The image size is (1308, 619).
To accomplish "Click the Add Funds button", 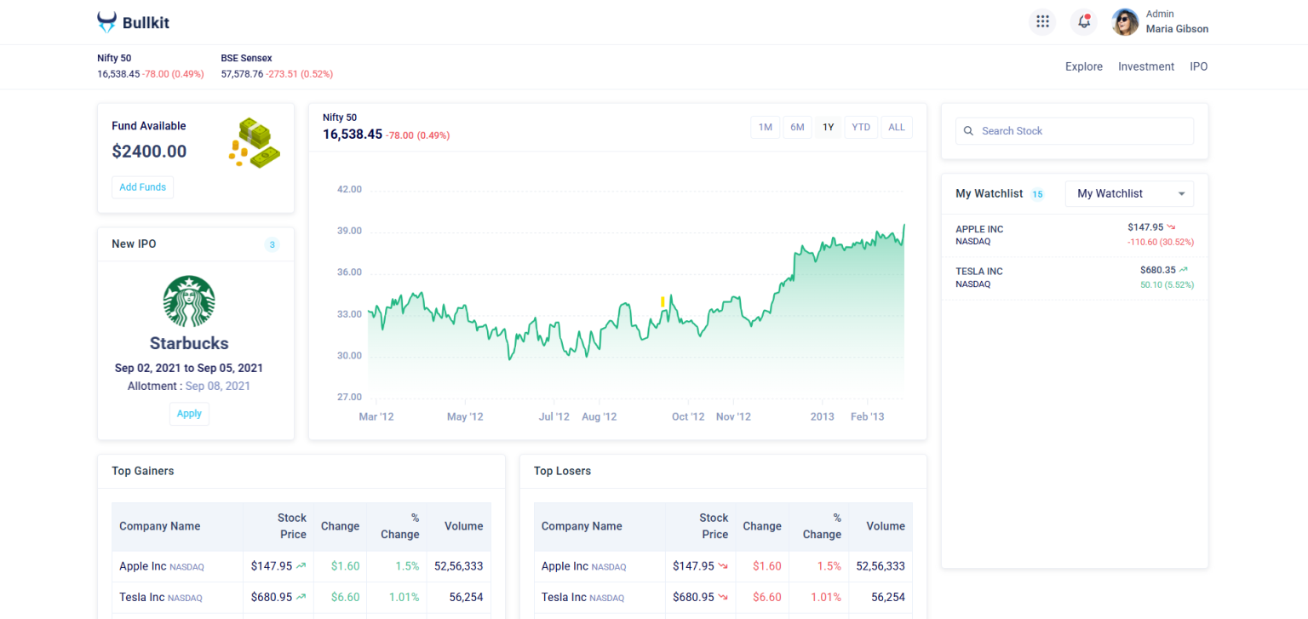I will pyautogui.click(x=142, y=187).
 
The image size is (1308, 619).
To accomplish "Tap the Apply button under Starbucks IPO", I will pyautogui.click(x=189, y=414).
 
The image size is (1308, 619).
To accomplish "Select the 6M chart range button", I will pyautogui.click(x=797, y=128).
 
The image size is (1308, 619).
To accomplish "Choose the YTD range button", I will pyautogui.click(x=861, y=128).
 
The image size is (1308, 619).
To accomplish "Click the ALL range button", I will pyautogui.click(x=896, y=128).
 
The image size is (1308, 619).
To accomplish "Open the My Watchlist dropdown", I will pyautogui.click(x=1129, y=194).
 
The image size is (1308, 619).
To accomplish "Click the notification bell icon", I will pyautogui.click(x=1084, y=22).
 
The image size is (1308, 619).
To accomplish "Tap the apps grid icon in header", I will pyautogui.click(x=1042, y=22).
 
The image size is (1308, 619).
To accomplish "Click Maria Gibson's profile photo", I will pyautogui.click(x=1125, y=22).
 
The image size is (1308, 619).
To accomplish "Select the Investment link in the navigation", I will pyautogui.click(x=1146, y=66).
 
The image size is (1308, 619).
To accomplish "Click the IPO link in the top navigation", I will pyautogui.click(x=1198, y=66).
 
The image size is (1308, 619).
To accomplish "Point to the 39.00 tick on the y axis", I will pyautogui.click(x=350, y=231).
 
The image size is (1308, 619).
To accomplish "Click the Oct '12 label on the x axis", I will pyautogui.click(x=688, y=416).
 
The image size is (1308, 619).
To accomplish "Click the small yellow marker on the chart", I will pyautogui.click(x=663, y=301).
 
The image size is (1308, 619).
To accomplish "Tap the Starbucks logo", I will pyautogui.click(x=189, y=301).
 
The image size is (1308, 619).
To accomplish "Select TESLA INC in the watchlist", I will pyautogui.click(x=979, y=272).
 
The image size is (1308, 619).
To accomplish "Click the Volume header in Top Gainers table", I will pyautogui.click(x=463, y=526).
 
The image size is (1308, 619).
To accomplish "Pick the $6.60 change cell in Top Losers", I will pyautogui.click(x=766, y=598).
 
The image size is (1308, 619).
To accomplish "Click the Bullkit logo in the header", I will pyautogui.click(x=134, y=23).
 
